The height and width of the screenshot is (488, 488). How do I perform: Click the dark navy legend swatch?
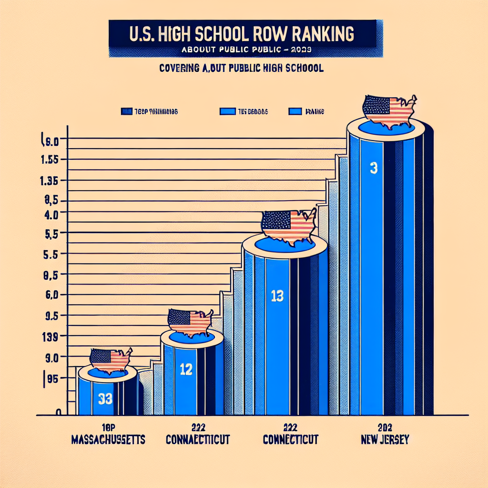tap(127, 112)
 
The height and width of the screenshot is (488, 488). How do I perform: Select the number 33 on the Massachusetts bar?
tap(105, 398)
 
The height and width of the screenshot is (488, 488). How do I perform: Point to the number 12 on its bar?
tap(186, 369)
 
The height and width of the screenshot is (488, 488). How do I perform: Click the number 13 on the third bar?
tap(277, 296)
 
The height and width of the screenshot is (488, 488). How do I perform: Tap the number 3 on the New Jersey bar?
tap(374, 168)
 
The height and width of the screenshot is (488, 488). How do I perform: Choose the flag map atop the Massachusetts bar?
tap(111, 361)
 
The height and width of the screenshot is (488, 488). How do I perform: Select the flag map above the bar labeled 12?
tap(190, 322)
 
